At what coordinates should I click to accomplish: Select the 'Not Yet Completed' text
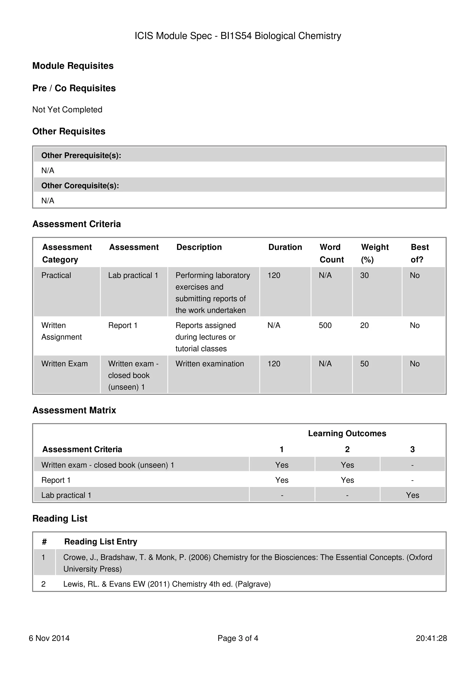tap(67, 110)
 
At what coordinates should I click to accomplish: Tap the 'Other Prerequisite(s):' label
tap(81, 155)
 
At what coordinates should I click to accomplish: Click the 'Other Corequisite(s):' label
tap(80, 186)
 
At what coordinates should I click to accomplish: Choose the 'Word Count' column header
tap(331, 253)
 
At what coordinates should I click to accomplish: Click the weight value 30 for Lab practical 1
tap(364, 275)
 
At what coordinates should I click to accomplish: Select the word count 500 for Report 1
tap(325, 325)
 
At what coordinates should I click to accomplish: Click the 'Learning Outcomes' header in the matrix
tap(347, 433)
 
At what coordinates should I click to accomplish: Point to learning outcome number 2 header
tap(347, 449)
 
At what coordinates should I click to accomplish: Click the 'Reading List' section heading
tap(60, 519)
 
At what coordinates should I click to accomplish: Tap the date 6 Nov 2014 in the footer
tap(49, 638)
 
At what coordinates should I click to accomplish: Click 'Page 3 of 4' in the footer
tap(238, 638)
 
